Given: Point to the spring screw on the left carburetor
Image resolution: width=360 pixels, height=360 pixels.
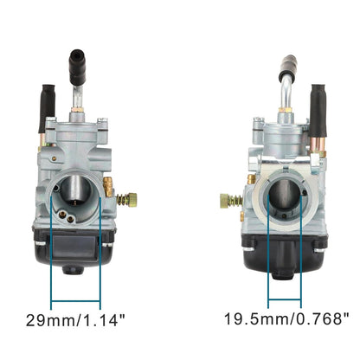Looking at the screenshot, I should coord(125,200).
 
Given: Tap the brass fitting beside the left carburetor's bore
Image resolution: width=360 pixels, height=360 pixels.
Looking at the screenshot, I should coord(108,185).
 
